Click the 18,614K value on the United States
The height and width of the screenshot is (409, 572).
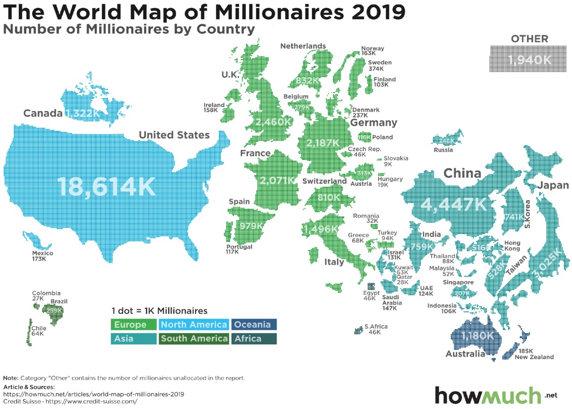106,187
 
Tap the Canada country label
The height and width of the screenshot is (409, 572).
43,113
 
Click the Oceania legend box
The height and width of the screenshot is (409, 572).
254,324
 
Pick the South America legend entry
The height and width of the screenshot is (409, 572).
194,339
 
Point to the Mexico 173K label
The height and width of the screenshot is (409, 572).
42,256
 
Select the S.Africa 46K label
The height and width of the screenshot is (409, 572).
375,329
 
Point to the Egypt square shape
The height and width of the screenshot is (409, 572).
371,286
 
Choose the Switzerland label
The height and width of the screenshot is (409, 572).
324,181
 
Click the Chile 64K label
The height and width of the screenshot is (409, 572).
38,331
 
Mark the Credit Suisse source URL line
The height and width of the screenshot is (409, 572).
70,401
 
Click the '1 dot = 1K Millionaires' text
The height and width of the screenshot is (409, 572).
159,311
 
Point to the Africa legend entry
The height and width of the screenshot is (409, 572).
254,339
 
